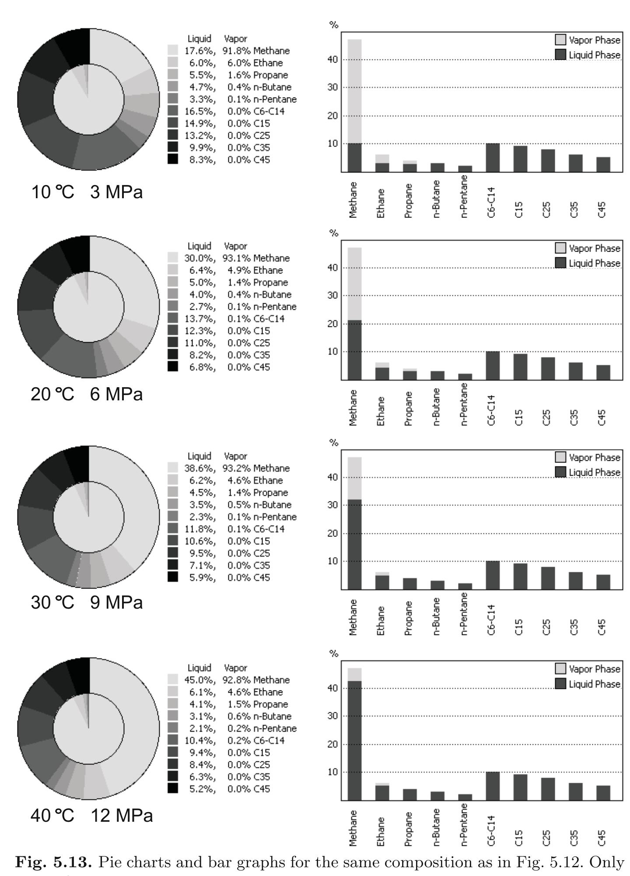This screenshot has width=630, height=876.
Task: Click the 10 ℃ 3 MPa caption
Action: point(87,192)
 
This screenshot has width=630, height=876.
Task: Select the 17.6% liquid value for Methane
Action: point(200,51)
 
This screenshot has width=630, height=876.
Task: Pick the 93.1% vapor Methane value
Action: point(237,258)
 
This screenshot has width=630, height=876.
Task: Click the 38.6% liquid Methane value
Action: point(200,468)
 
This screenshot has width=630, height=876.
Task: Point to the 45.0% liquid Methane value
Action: point(200,680)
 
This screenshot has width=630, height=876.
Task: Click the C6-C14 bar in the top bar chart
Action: point(493,158)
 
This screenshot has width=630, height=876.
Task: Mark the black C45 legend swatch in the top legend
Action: point(173,159)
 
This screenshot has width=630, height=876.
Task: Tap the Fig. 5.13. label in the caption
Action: point(53,862)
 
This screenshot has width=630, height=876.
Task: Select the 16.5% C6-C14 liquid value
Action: point(200,111)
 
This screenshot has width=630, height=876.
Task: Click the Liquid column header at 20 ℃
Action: point(199,246)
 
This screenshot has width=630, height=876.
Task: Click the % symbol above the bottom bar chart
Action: point(334,653)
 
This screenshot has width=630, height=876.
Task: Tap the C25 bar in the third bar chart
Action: point(548,578)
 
